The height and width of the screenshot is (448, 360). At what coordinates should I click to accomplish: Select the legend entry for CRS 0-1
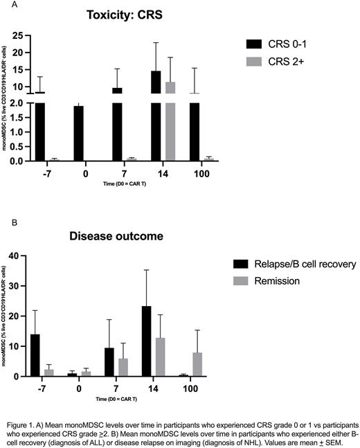pos(287,44)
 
